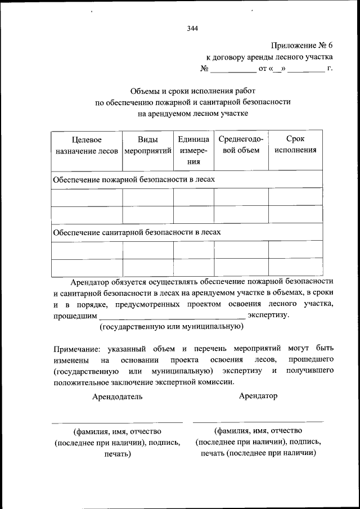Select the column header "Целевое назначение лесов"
[86, 145]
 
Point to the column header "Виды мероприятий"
[147, 145]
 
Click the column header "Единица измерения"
[193, 150]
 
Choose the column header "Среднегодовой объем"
[240, 145]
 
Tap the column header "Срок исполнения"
[295, 145]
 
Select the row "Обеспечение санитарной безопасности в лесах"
[137, 232]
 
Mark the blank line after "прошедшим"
[172, 318]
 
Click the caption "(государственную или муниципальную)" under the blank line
[171, 326]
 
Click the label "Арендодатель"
[118, 396]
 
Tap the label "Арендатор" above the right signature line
[258, 396]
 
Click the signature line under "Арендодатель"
[117, 422]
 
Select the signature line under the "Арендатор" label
[258, 421]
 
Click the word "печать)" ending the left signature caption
[118, 454]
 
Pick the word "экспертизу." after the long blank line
[268, 315]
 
